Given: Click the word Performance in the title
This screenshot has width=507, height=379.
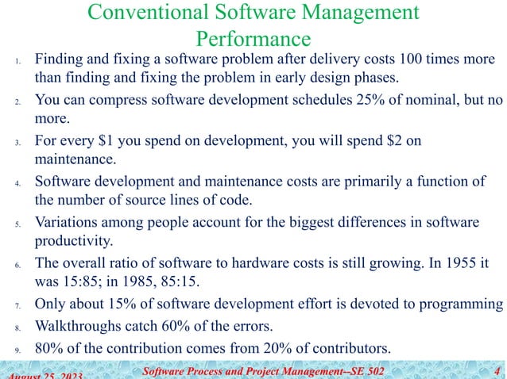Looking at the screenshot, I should pos(253,37).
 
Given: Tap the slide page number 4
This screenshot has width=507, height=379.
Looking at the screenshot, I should pos(497,369).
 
